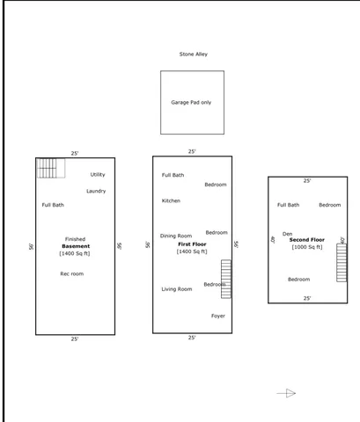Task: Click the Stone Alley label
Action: pos(193,55)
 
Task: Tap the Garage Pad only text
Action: pos(191,103)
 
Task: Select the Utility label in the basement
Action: pos(97,175)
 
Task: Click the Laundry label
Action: pos(96,191)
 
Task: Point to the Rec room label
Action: pos(72,274)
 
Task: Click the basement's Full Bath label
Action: pos(53,205)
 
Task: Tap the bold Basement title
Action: pos(76,246)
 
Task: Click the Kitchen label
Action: pos(171,200)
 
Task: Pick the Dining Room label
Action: pos(176,236)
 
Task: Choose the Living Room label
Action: pos(176,289)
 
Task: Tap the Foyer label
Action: pos(217,316)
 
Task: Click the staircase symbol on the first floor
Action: pos(226,279)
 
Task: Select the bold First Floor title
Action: pos(192,244)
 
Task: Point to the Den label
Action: pos(287,234)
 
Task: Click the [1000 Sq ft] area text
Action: pos(307,247)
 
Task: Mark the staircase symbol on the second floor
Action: pos(342,262)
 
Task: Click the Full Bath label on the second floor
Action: pos(288,205)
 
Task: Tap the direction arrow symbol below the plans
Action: pos(287,393)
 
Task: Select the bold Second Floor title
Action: pos(307,239)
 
